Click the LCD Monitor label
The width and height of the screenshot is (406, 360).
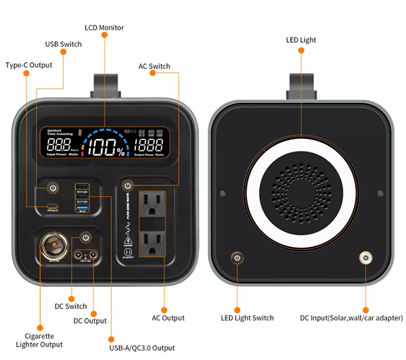[105, 28]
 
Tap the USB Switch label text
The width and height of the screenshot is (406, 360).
[63, 45]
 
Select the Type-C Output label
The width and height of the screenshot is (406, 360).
[28, 66]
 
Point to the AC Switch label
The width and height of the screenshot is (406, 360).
[154, 66]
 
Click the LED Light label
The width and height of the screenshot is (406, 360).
[300, 41]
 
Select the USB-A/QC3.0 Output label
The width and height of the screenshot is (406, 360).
[143, 348]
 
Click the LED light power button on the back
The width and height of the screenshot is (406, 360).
[237, 258]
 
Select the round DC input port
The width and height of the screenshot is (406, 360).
[366, 258]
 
